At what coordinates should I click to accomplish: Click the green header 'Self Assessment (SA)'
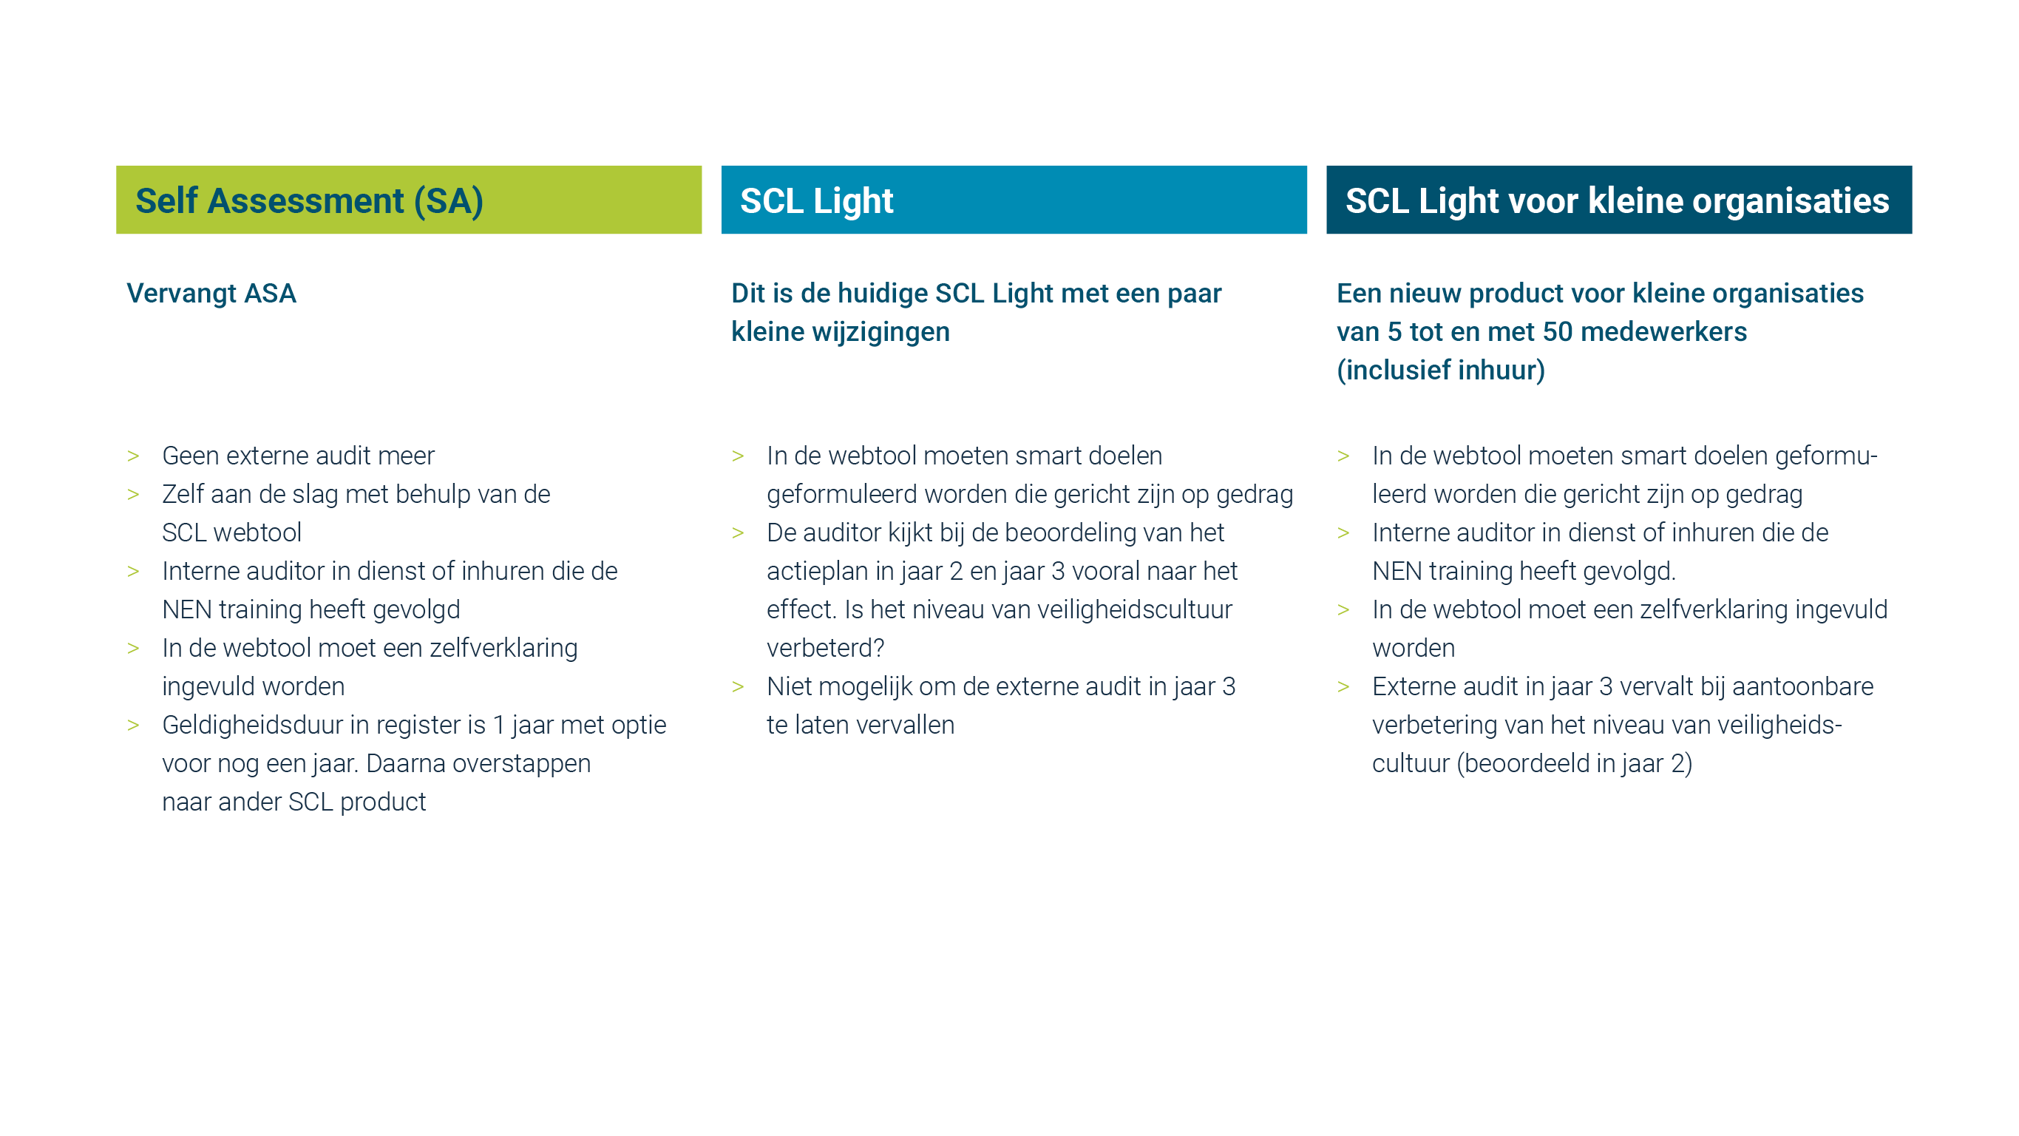click(x=408, y=200)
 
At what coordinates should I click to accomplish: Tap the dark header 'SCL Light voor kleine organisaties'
click(x=1618, y=200)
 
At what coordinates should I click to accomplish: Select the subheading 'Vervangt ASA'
click(x=211, y=293)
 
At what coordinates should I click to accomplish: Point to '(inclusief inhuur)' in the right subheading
click(x=1441, y=370)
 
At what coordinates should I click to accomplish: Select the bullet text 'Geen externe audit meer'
click(x=298, y=456)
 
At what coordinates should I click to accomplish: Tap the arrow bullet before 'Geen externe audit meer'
click(x=133, y=456)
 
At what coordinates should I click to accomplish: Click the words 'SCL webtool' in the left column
click(x=231, y=532)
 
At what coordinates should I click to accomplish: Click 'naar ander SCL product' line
click(x=294, y=802)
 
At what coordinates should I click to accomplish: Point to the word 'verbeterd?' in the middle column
click(x=825, y=649)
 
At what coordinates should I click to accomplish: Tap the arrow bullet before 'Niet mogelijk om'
click(x=738, y=687)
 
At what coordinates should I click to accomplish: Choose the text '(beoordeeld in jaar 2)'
click(x=1574, y=763)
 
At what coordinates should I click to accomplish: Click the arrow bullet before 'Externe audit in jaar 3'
click(x=1343, y=687)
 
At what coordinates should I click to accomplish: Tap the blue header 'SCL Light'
click(x=1014, y=200)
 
